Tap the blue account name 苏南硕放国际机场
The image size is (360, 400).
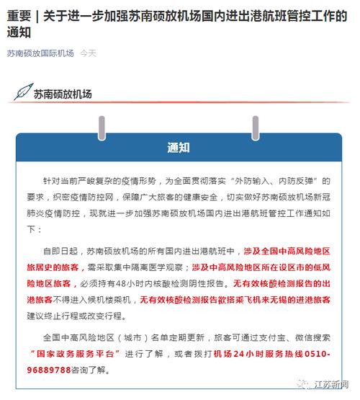point(40,53)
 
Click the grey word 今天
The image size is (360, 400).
point(88,53)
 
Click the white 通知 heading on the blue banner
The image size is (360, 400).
point(179,148)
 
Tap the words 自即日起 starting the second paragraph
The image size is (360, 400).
point(59,252)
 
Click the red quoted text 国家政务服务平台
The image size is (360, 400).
point(77,354)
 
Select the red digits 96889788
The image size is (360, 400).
point(56,370)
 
